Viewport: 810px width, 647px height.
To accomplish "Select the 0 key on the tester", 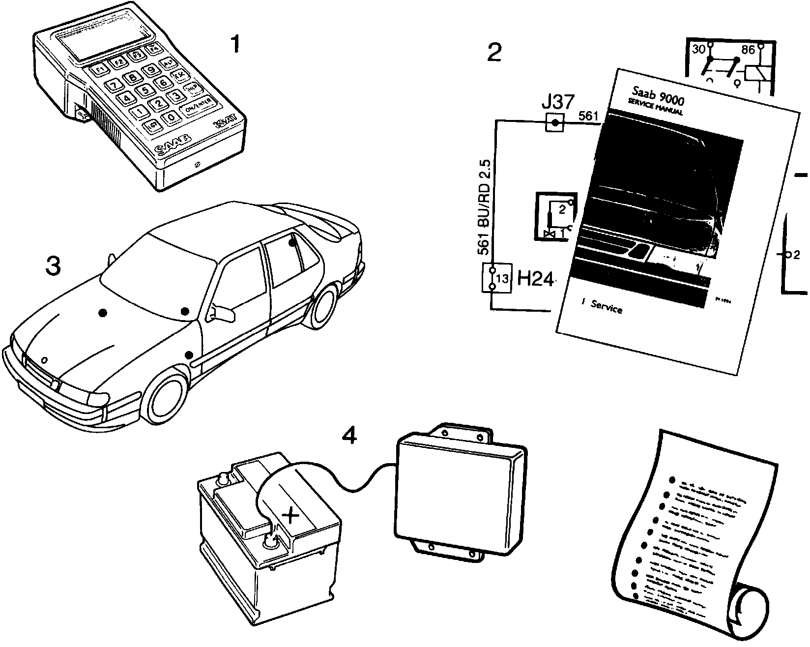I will point(170,117).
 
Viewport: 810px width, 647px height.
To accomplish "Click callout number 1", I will point(236,45).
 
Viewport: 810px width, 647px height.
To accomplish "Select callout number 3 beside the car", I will point(53,266).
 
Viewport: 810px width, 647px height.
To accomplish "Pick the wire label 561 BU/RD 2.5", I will point(485,206).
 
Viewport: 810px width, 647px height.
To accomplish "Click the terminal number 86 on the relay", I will point(748,50).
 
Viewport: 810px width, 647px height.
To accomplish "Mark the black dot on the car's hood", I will point(102,313).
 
